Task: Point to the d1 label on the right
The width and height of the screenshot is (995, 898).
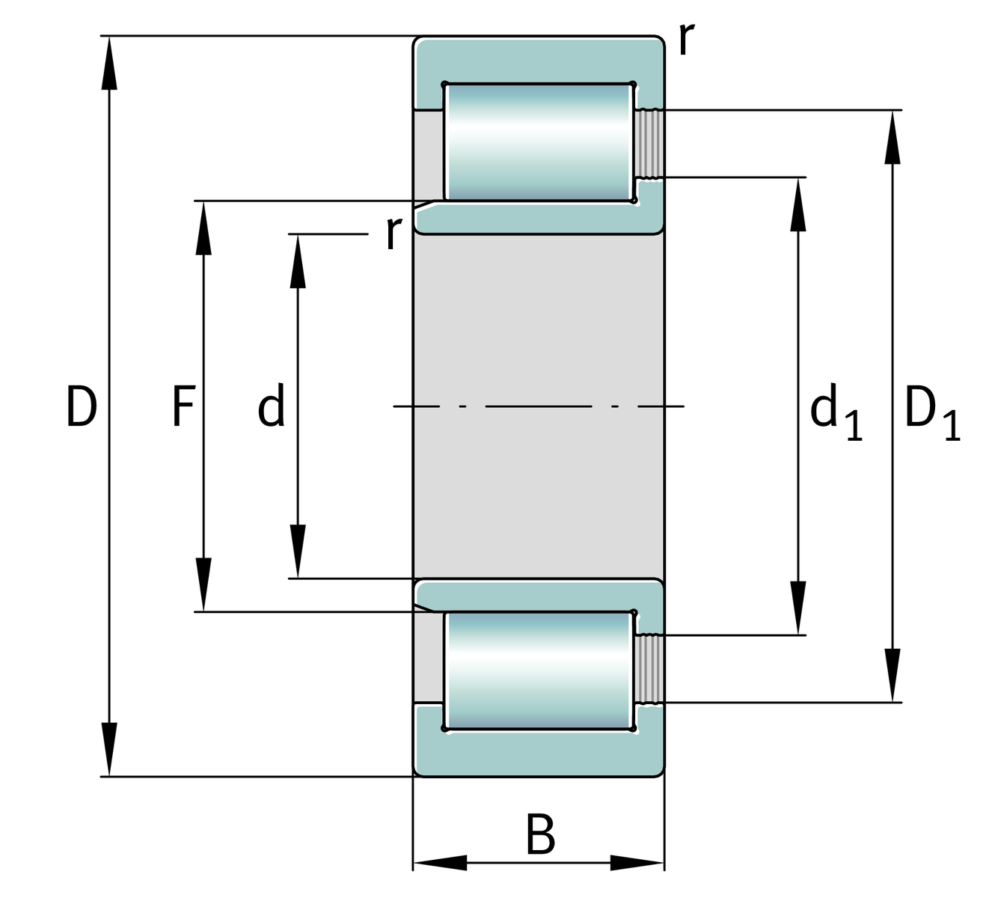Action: click(x=836, y=413)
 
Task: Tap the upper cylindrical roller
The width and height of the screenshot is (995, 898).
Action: click(x=539, y=141)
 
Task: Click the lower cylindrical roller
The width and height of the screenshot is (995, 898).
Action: click(x=539, y=671)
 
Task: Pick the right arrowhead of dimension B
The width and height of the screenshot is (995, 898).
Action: click(x=637, y=862)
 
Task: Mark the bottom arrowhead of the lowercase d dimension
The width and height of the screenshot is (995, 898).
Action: click(x=298, y=552)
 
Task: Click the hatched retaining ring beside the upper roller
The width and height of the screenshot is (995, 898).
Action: click(x=649, y=144)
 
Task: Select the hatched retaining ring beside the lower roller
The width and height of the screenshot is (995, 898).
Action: click(x=649, y=668)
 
